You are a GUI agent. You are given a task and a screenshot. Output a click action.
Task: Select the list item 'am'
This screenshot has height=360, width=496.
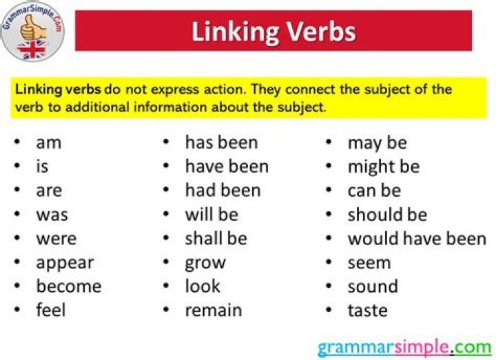pyautogui.click(x=48, y=142)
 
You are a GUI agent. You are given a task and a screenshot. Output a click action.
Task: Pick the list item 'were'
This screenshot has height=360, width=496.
pyautogui.click(x=56, y=239)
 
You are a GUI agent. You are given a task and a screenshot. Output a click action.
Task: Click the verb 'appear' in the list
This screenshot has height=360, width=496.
pyautogui.click(x=65, y=263)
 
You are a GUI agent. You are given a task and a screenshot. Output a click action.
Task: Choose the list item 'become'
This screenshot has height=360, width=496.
pyautogui.click(x=68, y=286)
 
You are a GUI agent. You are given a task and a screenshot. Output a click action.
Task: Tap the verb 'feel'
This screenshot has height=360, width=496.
pyautogui.click(x=51, y=310)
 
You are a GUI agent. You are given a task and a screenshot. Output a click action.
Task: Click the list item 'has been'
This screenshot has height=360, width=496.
pyautogui.click(x=221, y=142)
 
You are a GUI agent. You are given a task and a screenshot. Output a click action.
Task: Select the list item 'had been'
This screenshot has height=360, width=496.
pyautogui.click(x=223, y=191)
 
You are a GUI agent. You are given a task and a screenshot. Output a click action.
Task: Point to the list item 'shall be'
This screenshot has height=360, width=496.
pyautogui.click(x=215, y=239)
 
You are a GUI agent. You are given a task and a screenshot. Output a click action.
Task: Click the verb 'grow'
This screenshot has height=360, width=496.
pyautogui.click(x=205, y=263)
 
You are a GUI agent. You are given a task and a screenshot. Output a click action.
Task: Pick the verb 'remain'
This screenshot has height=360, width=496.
pyautogui.click(x=214, y=310)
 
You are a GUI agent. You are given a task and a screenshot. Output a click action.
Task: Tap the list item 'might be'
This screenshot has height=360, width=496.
pyautogui.click(x=383, y=167)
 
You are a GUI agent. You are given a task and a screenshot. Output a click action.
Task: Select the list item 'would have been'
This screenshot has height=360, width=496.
pyautogui.click(x=417, y=239)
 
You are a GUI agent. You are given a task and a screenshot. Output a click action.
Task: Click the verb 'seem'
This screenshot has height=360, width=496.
pyautogui.click(x=369, y=263)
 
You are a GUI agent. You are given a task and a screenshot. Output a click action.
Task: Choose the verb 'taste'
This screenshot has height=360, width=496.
pyautogui.click(x=367, y=310)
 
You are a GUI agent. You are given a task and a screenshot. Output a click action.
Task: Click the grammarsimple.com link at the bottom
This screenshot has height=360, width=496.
pyautogui.click(x=404, y=346)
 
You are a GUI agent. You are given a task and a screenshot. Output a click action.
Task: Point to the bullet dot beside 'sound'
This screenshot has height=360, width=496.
pyautogui.click(x=330, y=286)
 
